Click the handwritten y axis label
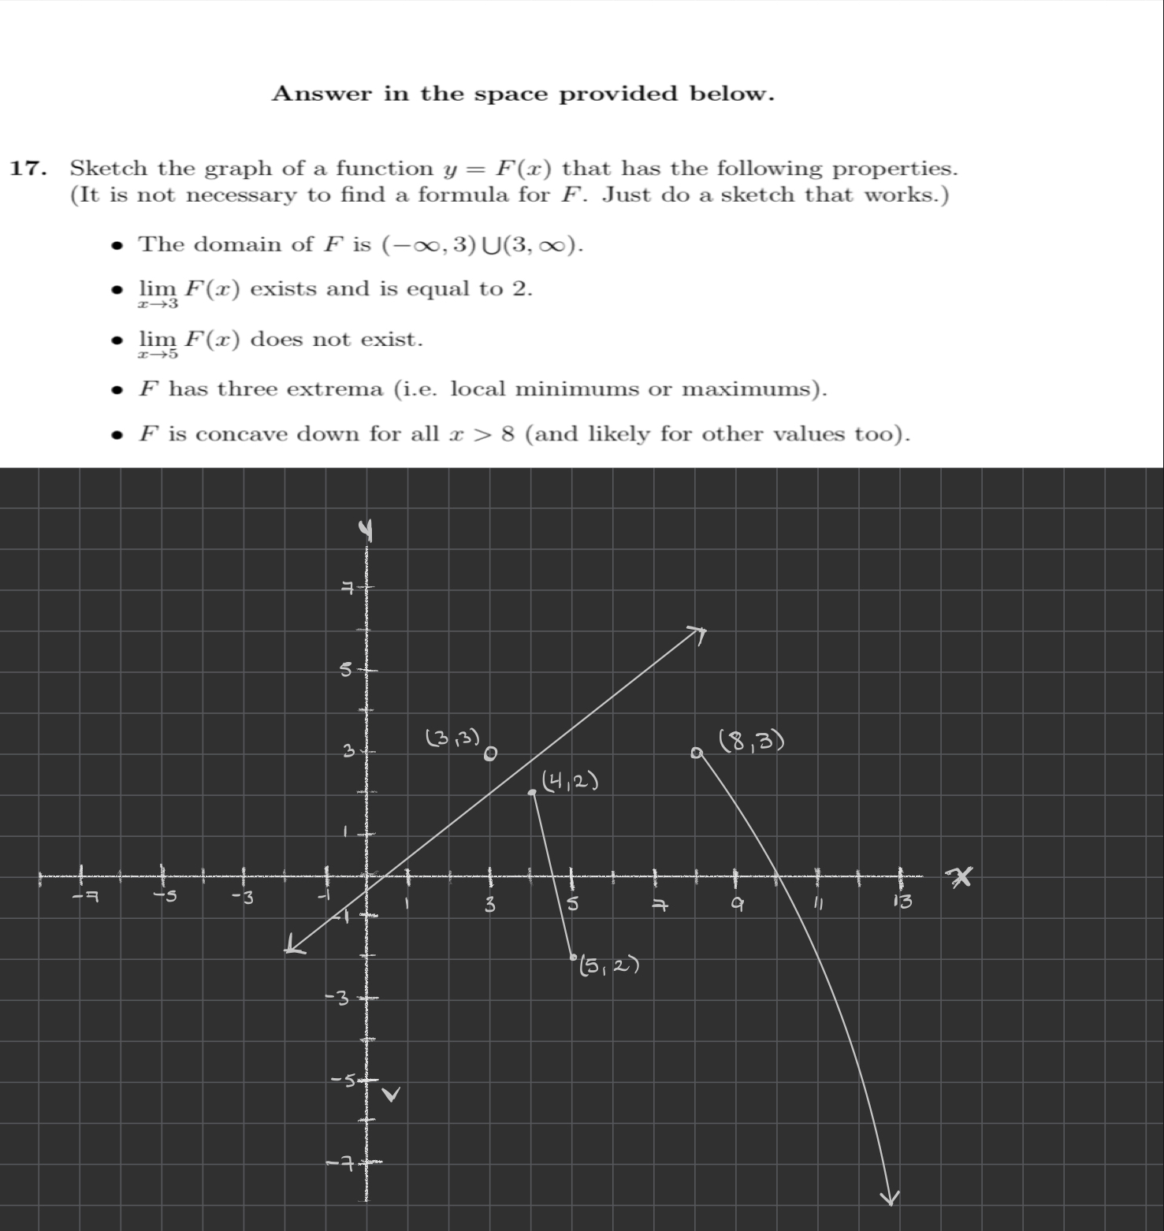[x=365, y=533]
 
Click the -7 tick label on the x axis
[x=84, y=898]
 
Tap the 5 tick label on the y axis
[x=346, y=671]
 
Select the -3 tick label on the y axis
[x=337, y=999]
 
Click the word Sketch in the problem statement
[x=108, y=169]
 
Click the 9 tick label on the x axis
[x=736, y=906]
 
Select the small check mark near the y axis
[x=392, y=1095]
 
